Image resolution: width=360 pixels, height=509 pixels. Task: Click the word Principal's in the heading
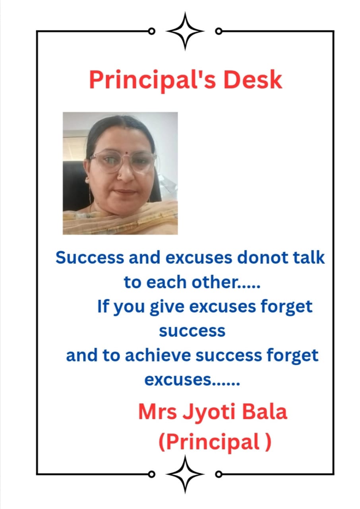coord(152,80)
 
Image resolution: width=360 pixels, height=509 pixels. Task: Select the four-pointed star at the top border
coord(185,31)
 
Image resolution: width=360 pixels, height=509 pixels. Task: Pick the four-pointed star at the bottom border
coord(185,474)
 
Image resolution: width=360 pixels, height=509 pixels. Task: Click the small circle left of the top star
coord(151,31)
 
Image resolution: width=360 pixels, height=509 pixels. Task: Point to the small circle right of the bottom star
coord(219,474)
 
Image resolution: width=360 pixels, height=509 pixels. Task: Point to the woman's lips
coord(126,191)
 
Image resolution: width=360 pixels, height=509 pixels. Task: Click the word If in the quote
coord(103,307)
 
